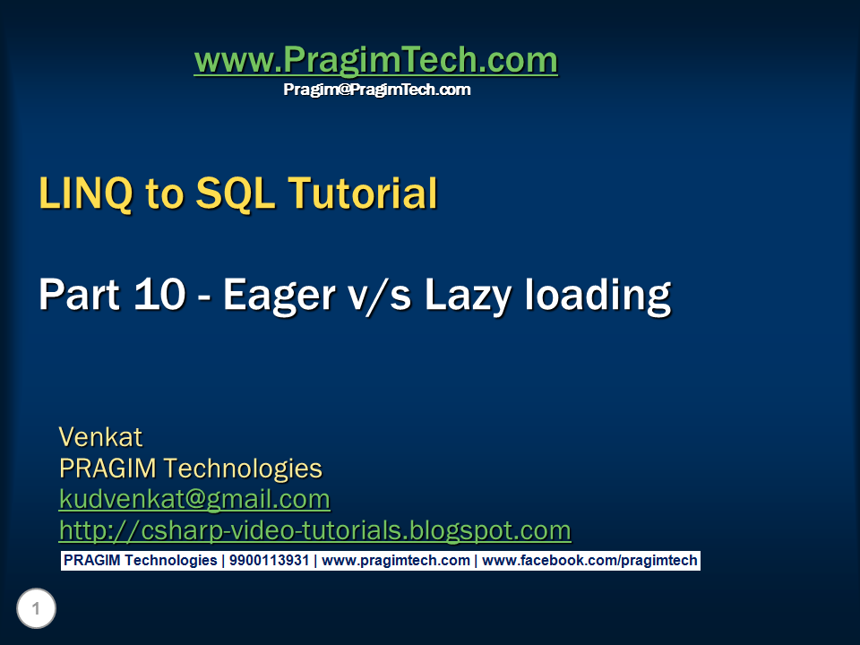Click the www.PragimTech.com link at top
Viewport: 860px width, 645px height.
pyautogui.click(x=375, y=61)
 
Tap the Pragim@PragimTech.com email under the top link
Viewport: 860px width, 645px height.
pyautogui.click(x=376, y=90)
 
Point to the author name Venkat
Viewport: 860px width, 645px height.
pyautogui.click(x=100, y=437)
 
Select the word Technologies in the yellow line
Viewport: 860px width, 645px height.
pyautogui.click(x=243, y=468)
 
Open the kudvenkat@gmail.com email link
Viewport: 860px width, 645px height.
pyautogui.click(x=194, y=499)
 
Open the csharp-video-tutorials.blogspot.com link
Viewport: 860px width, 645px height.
pyautogui.click(x=314, y=530)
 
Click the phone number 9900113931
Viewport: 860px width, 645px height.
pyautogui.click(x=269, y=561)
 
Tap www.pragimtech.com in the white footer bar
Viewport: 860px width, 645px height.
pyautogui.click(x=395, y=561)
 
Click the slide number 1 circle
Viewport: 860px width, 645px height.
pyautogui.click(x=36, y=610)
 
